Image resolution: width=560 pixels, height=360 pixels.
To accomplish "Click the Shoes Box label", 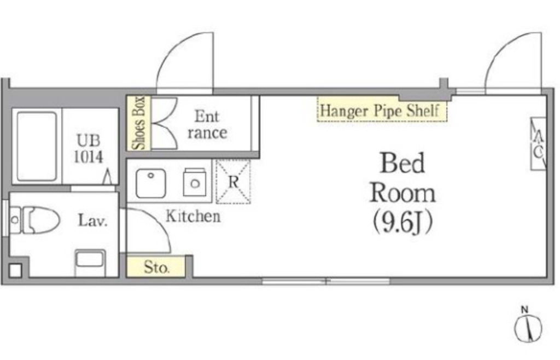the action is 138,123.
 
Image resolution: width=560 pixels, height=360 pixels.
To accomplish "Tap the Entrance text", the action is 207,125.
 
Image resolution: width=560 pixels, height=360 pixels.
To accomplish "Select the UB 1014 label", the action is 89,149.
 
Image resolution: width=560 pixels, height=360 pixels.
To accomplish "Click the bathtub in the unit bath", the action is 37,146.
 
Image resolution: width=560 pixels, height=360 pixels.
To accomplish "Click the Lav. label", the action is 93,220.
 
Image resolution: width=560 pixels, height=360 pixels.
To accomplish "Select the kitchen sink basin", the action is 151,183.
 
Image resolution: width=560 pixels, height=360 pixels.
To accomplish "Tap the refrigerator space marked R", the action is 233,182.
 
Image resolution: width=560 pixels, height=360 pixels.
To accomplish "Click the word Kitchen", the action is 193,216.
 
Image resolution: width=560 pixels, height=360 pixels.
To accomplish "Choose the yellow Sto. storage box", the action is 156,266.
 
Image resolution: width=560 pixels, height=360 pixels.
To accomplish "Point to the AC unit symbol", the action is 538,143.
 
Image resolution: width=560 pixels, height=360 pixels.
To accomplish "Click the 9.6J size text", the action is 403,223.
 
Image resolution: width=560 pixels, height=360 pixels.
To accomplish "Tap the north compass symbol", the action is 528,325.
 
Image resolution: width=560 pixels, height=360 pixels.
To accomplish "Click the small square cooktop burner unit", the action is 195,182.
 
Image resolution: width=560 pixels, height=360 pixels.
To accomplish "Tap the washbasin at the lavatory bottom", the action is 90,263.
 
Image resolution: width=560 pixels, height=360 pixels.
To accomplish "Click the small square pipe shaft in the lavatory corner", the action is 15,270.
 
